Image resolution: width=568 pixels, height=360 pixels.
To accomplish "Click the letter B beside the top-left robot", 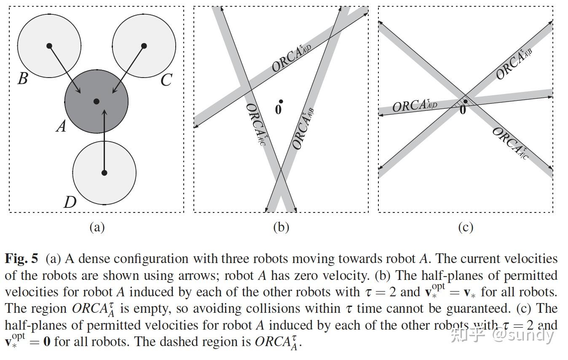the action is point(23,78).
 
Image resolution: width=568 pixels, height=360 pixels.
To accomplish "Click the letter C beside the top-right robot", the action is point(166,80).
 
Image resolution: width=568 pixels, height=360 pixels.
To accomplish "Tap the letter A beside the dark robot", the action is point(62,126).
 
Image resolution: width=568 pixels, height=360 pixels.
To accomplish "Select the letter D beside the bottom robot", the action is point(70,202).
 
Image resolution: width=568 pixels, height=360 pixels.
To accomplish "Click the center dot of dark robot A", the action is point(96,102).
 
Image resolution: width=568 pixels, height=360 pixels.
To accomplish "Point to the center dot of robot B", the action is point(49,46).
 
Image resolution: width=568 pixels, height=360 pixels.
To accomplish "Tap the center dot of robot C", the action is point(144,46).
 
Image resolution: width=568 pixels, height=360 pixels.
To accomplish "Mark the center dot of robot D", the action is point(104,173).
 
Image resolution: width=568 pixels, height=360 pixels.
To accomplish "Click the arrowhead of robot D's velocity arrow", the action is point(104,112).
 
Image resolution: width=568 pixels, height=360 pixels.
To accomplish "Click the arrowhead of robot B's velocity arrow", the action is point(78,90).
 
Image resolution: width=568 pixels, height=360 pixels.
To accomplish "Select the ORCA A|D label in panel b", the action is point(292,58).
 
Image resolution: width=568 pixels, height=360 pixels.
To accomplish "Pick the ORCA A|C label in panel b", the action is point(256,124).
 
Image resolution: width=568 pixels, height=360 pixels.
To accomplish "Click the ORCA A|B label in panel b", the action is point(303,129).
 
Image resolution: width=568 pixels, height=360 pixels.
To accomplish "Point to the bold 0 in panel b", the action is point(278,109).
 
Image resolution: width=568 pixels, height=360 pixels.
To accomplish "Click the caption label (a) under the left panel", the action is point(97,227).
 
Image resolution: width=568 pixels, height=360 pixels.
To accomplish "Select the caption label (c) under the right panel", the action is point(466,227).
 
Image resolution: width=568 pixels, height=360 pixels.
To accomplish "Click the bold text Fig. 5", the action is point(21,258).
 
